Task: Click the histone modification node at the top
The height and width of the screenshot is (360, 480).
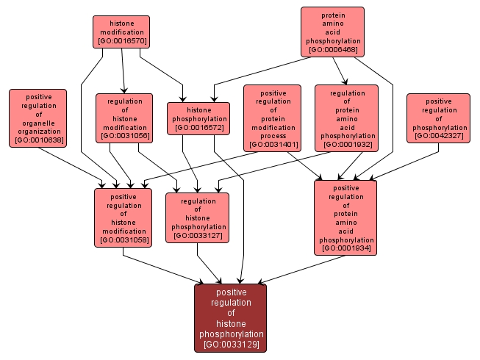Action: pyautogui.click(x=121, y=32)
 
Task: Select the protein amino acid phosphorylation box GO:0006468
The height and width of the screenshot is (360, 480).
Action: pyautogui.click(x=333, y=32)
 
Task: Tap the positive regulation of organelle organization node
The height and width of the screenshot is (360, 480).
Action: pyautogui.click(x=37, y=118)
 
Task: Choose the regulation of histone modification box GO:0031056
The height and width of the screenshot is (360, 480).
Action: pyautogui.click(x=124, y=117)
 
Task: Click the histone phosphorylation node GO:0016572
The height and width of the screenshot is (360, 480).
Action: pyautogui.click(x=198, y=118)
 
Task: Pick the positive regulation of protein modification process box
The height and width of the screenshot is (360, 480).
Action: pyautogui.click(x=274, y=118)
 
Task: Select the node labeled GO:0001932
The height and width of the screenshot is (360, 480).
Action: pyautogui.click(x=347, y=118)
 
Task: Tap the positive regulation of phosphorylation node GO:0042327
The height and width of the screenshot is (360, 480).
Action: pyautogui.click(x=438, y=118)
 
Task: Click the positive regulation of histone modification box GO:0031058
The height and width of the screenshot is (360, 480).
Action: pyautogui.click(x=123, y=217)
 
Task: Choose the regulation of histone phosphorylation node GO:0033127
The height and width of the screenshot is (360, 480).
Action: pyautogui.click(x=198, y=217)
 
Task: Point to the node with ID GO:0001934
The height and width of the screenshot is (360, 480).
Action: pyautogui.click(x=345, y=217)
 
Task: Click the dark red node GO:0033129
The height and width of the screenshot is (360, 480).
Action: pyautogui.click(x=230, y=317)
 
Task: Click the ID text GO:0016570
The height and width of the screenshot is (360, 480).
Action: pyautogui.click(x=121, y=41)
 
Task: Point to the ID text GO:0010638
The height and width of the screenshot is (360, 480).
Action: pyautogui.click(x=38, y=140)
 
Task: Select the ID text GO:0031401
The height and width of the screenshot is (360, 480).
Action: pyautogui.click(x=274, y=145)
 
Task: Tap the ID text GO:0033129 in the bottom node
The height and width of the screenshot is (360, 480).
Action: pyautogui.click(x=230, y=344)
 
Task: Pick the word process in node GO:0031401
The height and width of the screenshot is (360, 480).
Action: pyautogui.click(x=274, y=136)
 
